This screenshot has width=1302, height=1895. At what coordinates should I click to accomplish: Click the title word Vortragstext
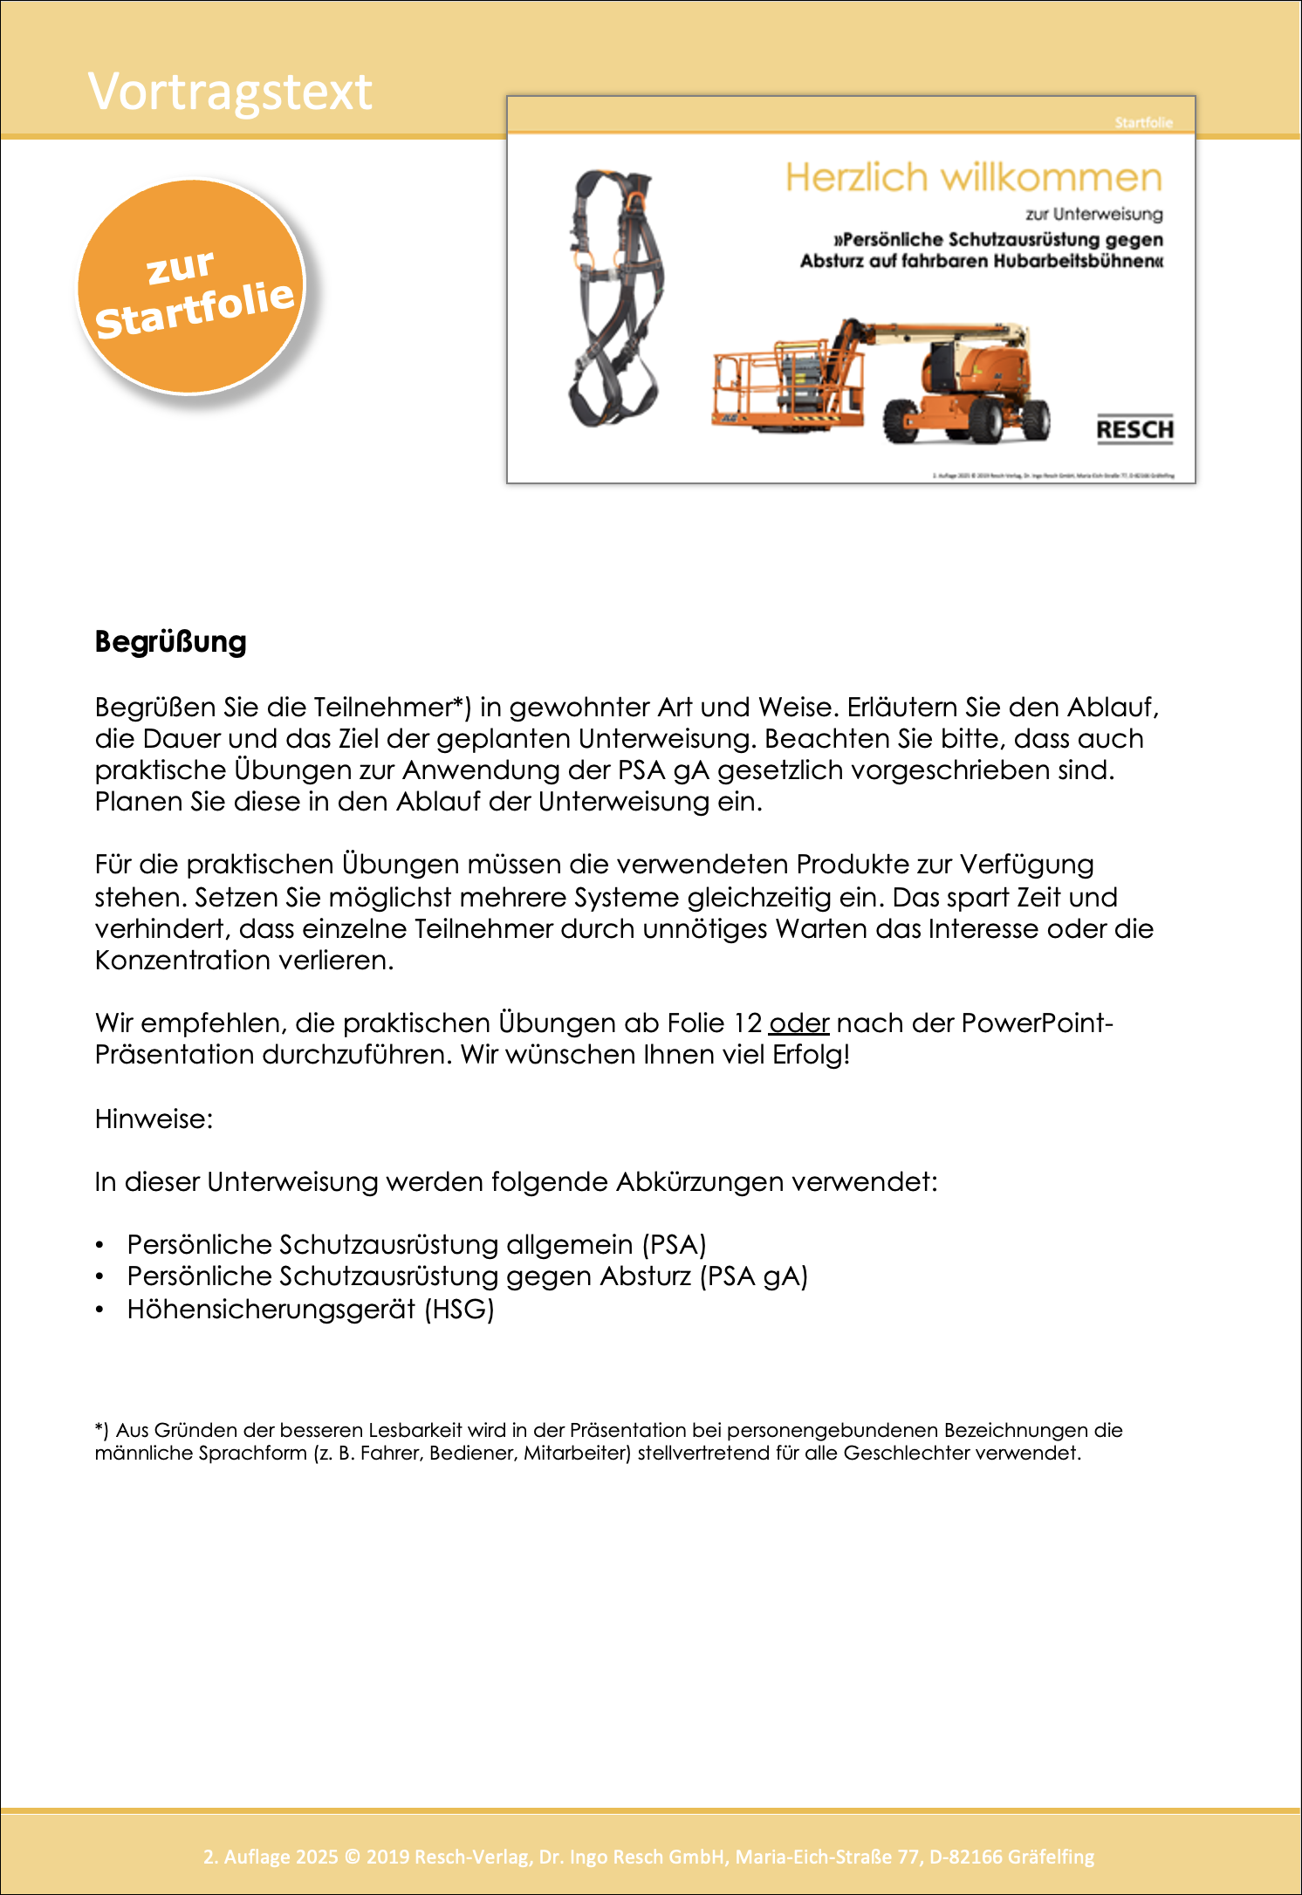(230, 92)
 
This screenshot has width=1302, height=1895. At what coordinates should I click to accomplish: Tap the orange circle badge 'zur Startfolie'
(192, 288)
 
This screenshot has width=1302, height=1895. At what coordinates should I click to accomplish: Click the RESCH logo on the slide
(1134, 429)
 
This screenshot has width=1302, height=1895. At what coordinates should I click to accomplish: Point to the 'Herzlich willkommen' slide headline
(973, 178)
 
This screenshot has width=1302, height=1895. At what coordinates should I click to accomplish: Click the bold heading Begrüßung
(171, 642)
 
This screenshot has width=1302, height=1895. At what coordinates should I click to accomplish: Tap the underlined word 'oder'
(798, 1023)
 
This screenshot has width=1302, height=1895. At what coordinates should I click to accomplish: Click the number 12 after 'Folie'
(748, 1023)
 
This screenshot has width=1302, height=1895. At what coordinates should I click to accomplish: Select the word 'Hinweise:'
(154, 1119)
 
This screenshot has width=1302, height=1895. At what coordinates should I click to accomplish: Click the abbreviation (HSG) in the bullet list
(460, 1310)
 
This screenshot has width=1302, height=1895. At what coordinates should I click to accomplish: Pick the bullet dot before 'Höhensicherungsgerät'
(100, 1310)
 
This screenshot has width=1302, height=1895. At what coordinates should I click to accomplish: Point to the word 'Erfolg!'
(811, 1055)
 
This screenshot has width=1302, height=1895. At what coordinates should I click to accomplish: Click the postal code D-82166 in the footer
(965, 1857)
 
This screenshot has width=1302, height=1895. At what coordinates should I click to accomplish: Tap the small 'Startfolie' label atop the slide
(1143, 123)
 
